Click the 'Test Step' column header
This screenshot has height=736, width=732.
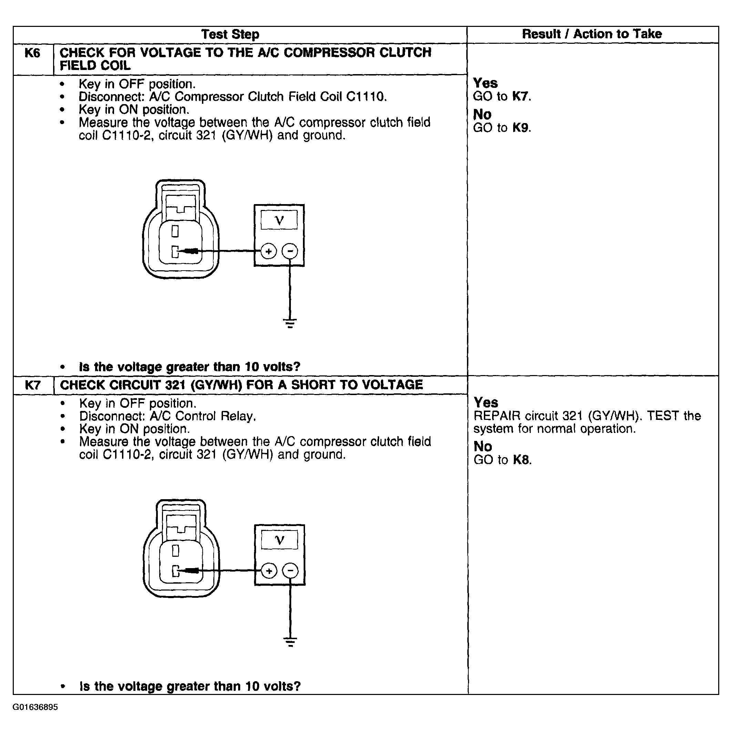[230, 34]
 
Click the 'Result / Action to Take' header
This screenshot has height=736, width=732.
[592, 34]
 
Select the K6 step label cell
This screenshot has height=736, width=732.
[32, 53]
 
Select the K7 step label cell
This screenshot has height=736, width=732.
[33, 385]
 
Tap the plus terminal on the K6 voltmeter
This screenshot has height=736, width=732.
[269, 251]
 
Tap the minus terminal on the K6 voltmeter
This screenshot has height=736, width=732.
[290, 251]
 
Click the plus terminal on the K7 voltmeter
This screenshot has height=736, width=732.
[269, 571]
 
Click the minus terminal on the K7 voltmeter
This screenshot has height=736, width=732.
[290, 571]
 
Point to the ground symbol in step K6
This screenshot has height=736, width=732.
[290, 323]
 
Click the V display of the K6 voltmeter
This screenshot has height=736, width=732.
[279, 220]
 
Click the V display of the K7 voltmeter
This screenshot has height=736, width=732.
[279, 540]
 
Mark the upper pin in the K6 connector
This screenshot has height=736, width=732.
[175, 231]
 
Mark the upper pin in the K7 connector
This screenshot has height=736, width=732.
[175, 551]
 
